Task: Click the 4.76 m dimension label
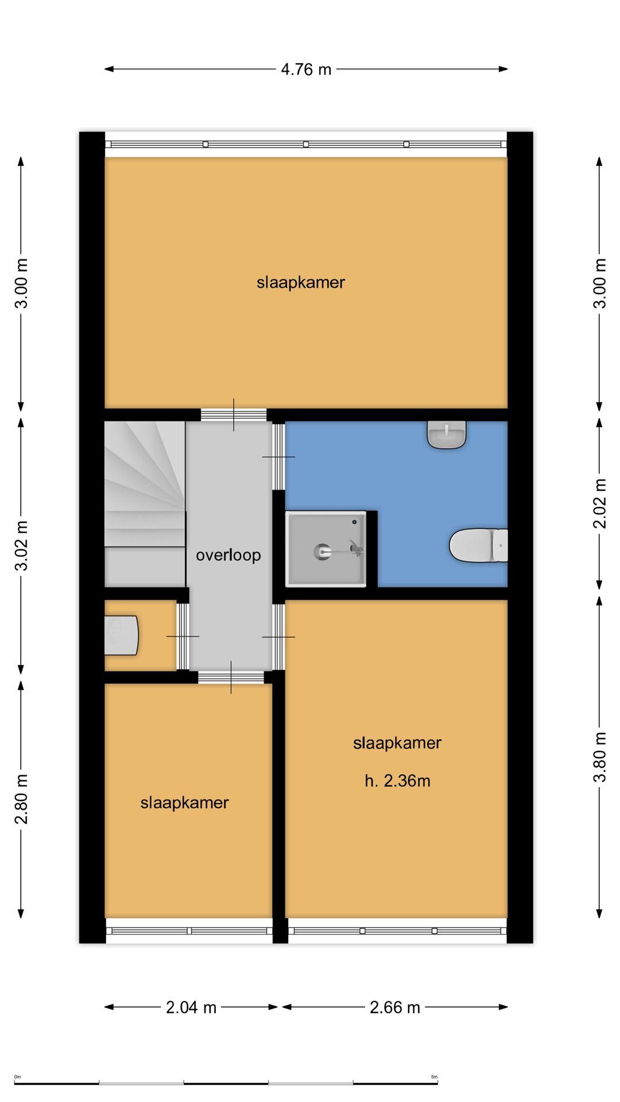point(306,69)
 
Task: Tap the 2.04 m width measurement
point(191,1007)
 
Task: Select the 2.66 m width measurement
point(395,1007)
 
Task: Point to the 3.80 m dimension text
point(600,757)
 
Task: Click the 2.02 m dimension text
point(600,503)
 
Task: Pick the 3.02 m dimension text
point(21,546)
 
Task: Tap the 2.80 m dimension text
point(21,799)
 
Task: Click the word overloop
point(228,555)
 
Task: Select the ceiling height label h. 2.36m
point(397,781)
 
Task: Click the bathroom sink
point(447,434)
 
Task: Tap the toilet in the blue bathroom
point(478,545)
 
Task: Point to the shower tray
point(326,549)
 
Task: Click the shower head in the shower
point(322,552)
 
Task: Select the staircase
point(145,504)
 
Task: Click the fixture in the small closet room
point(122,635)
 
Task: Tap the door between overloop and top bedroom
point(234,414)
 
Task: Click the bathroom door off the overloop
point(278,457)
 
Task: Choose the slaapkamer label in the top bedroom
point(301,282)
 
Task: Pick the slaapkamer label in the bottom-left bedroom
point(184,802)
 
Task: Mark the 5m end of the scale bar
point(437,1083)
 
